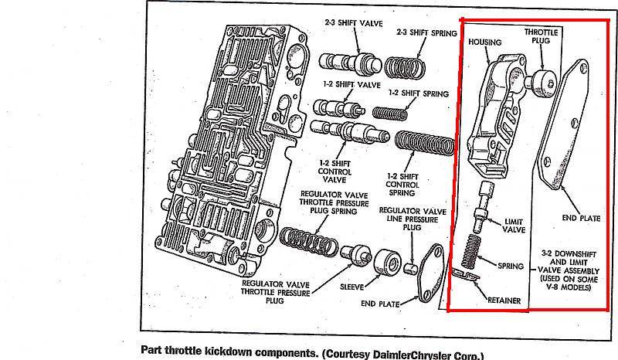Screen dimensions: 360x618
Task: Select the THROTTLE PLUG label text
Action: [541, 37]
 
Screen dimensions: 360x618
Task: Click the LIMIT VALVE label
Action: [514, 226]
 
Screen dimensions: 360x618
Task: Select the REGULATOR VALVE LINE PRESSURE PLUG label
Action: [413, 220]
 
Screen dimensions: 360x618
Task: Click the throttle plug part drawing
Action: [540, 80]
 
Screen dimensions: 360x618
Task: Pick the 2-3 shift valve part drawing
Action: [355, 63]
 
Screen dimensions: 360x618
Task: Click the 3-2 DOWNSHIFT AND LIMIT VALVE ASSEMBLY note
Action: [567, 270]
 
